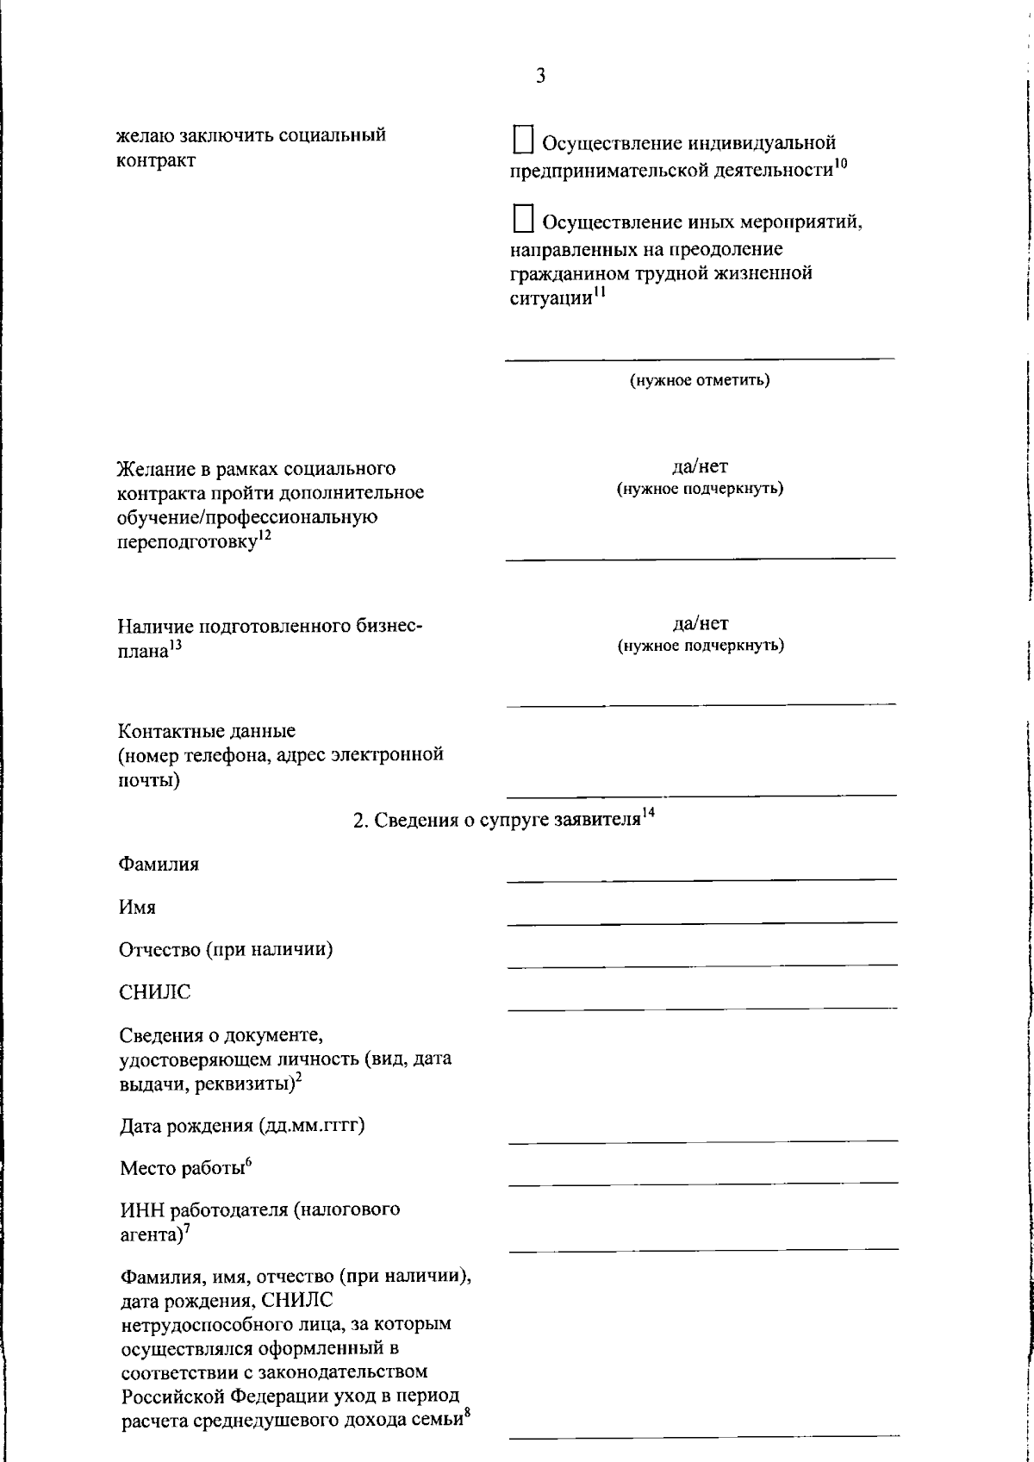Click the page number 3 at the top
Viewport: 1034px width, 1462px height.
pyautogui.click(x=540, y=76)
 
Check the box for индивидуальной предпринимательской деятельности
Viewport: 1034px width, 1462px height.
pyautogui.click(x=523, y=141)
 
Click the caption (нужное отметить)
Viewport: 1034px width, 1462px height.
pyautogui.click(x=700, y=380)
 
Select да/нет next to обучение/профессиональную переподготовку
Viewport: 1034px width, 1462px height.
pyautogui.click(x=700, y=467)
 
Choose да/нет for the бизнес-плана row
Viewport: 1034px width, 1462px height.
pyautogui.click(x=700, y=623)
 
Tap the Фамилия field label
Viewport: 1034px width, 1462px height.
pyautogui.click(x=159, y=864)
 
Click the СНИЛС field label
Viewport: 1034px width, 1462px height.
pyautogui.click(x=155, y=992)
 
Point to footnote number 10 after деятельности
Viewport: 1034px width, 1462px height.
pyautogui.click(x=841, y=165)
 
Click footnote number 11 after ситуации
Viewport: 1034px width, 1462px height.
pyautogui.click(x=599, y=292)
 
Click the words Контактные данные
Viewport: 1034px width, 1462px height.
pyautogui.click(x=206, y=731)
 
